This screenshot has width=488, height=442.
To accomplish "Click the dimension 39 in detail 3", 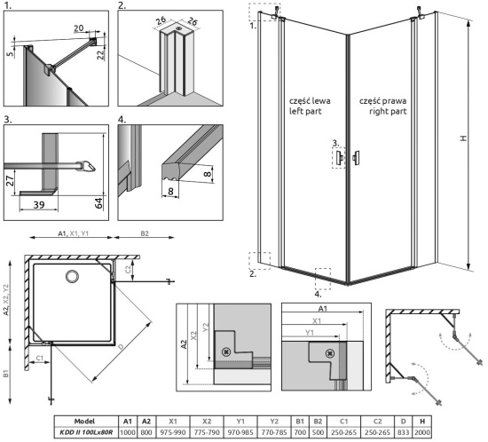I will (40, 203).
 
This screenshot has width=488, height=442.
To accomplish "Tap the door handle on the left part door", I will (340, 157).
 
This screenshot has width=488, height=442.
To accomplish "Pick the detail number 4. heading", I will (122, 117).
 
